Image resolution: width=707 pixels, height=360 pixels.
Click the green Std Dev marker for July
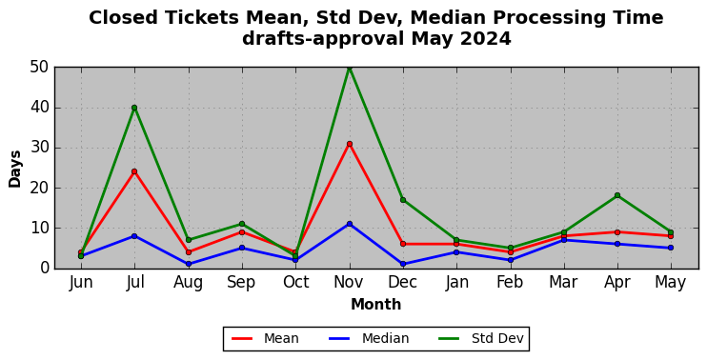pos(134,108)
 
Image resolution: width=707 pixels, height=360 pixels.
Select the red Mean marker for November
pos(350,144)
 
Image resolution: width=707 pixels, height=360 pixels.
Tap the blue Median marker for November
pos(350,224)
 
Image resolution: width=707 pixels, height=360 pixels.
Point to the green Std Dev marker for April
pos(617,195)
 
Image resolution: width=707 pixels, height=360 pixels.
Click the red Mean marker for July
pos(134,171)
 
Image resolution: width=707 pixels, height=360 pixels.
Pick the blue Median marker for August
pos(189,264)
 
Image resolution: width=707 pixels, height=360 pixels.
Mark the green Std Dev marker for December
pos(403,200)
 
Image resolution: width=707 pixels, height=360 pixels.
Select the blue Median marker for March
pos(564,240)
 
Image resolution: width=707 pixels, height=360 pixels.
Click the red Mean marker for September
pos(242,232)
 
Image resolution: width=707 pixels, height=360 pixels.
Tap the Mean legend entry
pos(265,338)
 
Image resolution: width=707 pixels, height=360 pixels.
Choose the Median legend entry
pos(369,338)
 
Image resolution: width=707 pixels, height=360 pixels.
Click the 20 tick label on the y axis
pos(40,189)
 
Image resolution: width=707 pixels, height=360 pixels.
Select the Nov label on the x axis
pos(350,283)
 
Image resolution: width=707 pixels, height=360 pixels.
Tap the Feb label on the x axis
pos(510,283)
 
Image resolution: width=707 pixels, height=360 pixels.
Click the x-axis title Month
pos(376,305)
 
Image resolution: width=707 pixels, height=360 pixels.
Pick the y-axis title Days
pos(15,169)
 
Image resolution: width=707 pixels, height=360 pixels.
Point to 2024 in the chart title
pos(486,39)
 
